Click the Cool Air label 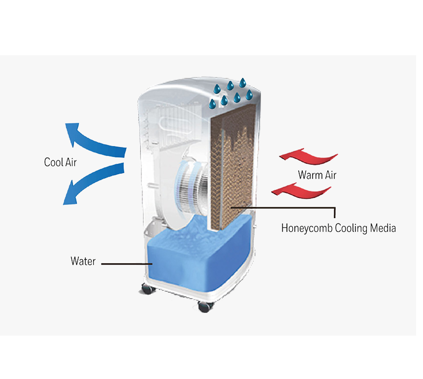click(x=60, y=162)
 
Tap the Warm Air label click(x=317, y=175)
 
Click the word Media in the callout click(x=383, y=228)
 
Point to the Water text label click(x=83, y=261)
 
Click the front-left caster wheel click(x=147, y=288)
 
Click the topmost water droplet click(x=244, y=82)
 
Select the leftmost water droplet click(x=213, y=104)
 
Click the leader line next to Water click(x=125, y=264)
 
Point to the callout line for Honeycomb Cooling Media click(x=286, y=207)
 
